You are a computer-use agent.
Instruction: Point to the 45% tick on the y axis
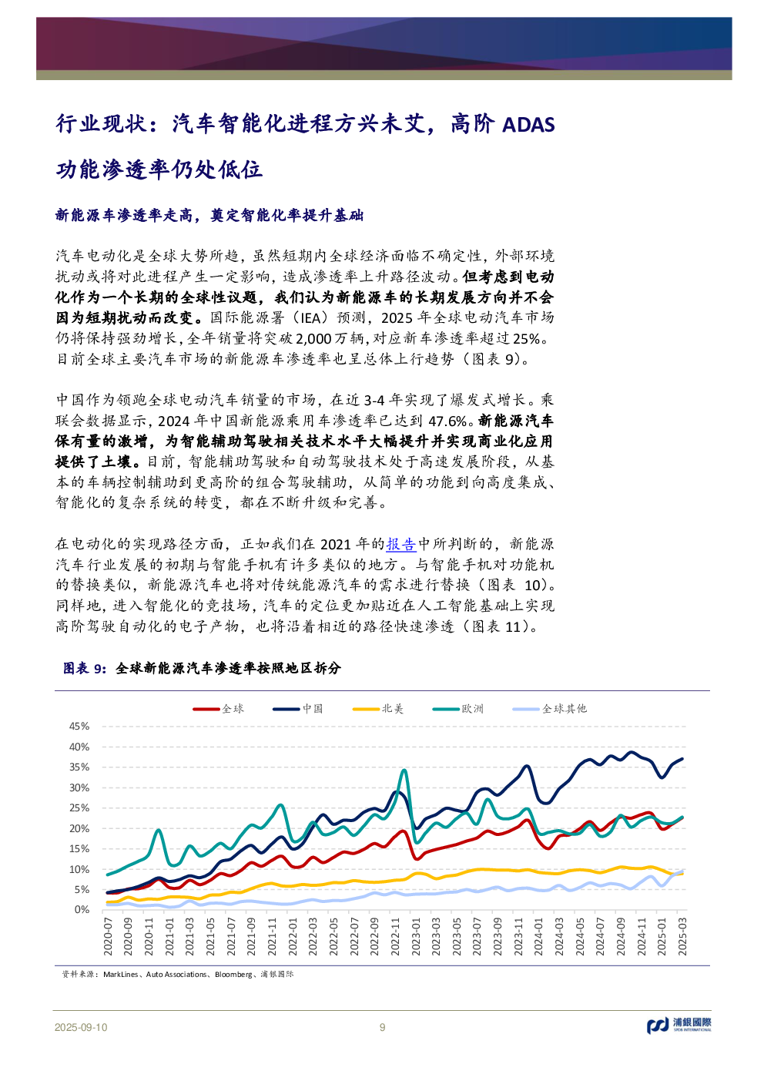[x=79, y=727]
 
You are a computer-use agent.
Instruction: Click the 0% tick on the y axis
[x=82, y=910]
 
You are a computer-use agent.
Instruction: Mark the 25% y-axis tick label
[x=79, y=808]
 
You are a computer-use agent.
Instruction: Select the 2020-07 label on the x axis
[x=109, y=936]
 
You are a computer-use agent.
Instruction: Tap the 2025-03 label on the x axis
[x=682, y=936]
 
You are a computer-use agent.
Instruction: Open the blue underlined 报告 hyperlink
[x=401, y=545]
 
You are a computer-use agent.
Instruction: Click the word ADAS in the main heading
[x=528, y=125]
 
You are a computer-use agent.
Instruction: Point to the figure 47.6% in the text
[x=447, y=421]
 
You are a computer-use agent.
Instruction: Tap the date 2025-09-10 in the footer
[x=81, y=1027]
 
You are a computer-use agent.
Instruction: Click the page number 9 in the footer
[x=382, y=1027]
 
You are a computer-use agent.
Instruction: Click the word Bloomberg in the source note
[x=233, y=975]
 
